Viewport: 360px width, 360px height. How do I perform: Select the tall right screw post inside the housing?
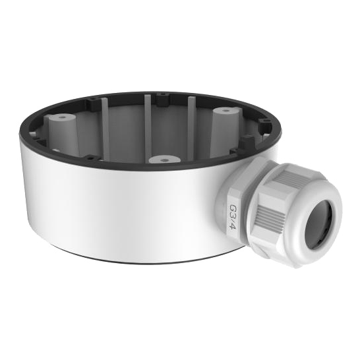pyautogui.click(x=225, y=132)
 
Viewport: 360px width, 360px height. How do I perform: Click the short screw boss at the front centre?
pyautogui.click(x=164, y=160)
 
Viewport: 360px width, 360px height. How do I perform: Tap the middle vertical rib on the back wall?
pyautogui.click(x=148, y=125)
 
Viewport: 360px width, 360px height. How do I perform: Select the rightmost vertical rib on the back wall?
pyautogui.click(x=191, y=125)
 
